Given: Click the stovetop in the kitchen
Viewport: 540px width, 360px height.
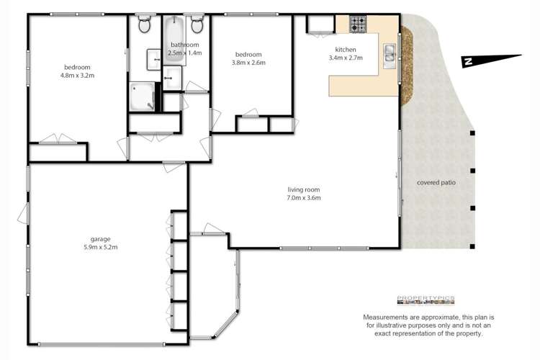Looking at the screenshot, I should tap(359, 25).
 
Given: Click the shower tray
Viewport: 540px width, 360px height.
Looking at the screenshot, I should tap(142, 96).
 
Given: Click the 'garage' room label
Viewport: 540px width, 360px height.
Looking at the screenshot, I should tap(100, 239).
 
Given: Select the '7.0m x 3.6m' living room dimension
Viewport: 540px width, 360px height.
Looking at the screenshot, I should tap(302, 197).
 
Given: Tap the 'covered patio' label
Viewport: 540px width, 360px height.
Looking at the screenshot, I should tap(436, 183).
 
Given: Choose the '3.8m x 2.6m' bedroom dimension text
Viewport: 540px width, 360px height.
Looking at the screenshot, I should tap(248, 63).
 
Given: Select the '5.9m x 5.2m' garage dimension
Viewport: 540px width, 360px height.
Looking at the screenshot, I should tap(100, 247).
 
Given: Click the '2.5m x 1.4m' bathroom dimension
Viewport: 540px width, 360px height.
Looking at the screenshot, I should tap(184, 53).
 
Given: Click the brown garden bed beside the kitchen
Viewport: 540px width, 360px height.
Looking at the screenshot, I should tap(407, 65).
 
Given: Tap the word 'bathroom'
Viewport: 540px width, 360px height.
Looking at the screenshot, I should tap(184, 45).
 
